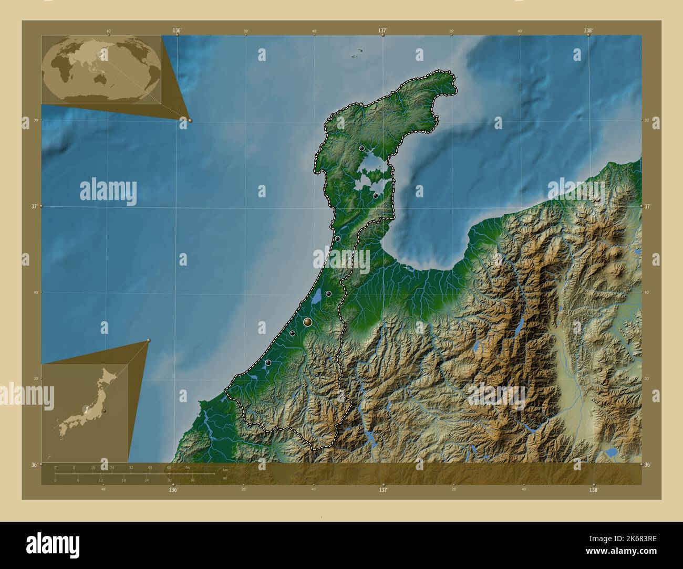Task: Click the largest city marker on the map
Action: (x=308, y=322)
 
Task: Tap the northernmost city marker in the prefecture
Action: (x=361, y=149)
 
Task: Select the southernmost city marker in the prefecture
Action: (x=268, y=362)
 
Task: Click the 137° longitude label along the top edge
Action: (x=383, y=31)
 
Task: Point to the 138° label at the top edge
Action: (x=588, y=31)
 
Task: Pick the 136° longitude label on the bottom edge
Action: (x=173, y=490)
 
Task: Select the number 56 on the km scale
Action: (x=188, y=467)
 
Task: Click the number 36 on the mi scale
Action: (x=192, y=480)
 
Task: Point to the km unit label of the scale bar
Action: (x=225, y=470)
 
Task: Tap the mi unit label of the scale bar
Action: (x=224, y=478)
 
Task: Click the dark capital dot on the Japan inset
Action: (x=105, y=410)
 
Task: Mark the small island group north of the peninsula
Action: (x=358, y=51)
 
